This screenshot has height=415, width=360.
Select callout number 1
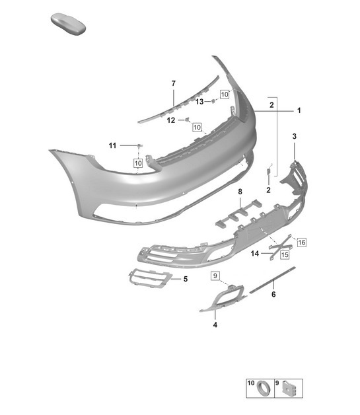(x=299, y=111)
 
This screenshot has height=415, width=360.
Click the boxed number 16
(x=302, y=243)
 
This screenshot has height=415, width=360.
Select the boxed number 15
(x=285, y=254)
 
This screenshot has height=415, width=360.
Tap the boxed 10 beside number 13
(x=224, y=94)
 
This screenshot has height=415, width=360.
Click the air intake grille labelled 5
(x=149, y=280)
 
